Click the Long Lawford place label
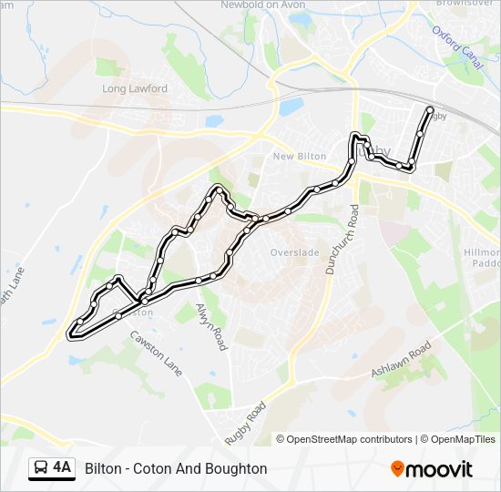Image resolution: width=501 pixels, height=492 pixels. (135, 89)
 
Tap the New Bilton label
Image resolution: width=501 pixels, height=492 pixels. (300, 157)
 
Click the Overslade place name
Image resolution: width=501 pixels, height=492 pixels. (293, 252)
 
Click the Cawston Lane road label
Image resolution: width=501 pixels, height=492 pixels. (155, 352)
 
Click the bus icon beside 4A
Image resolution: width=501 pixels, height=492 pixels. (41, 468)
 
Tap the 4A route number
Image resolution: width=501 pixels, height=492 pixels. (62, 468)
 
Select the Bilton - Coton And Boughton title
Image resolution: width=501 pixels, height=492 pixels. (176, 468)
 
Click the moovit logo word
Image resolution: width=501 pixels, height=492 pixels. (440, 469)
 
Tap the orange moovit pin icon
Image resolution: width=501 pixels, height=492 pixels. (397, 468)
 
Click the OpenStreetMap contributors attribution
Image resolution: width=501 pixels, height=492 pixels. (349, 439)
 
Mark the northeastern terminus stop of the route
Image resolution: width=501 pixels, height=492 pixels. (430, 109)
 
